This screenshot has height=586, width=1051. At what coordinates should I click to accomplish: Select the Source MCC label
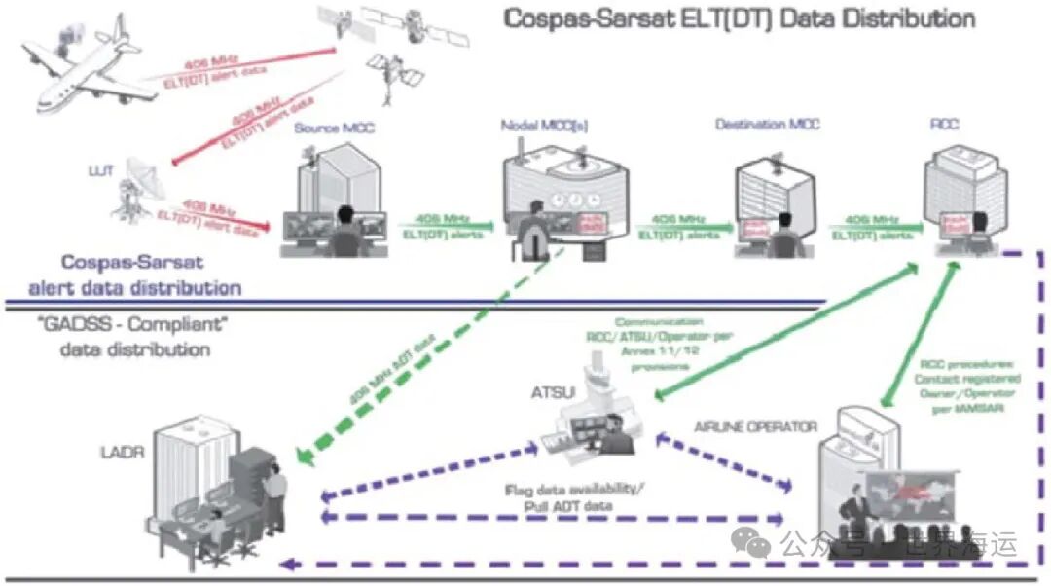click(x=334, y=128)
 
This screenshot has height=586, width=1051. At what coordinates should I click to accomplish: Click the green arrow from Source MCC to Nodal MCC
click(x=444, y=227)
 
